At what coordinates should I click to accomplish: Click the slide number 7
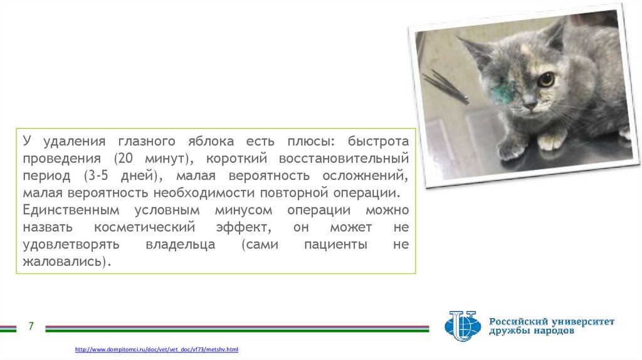point(31,326)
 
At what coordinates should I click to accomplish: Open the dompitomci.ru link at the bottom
point(156,349)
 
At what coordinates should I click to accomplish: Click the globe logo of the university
point(463,326)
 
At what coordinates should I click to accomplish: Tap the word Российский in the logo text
point(517,322)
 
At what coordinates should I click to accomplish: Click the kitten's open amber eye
point(546,79)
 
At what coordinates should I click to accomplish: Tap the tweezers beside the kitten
point(446,87)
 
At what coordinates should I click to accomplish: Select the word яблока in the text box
point(211,141)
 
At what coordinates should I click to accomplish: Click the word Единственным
point(71,210)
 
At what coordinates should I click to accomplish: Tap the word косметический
point(145,227)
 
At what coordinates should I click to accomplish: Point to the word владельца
point(181,245)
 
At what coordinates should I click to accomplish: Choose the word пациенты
point(336,245)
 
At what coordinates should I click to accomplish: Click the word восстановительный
point(344,158)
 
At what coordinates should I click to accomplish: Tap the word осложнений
point(365,176)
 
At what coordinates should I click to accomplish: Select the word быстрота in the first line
point(378,141)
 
